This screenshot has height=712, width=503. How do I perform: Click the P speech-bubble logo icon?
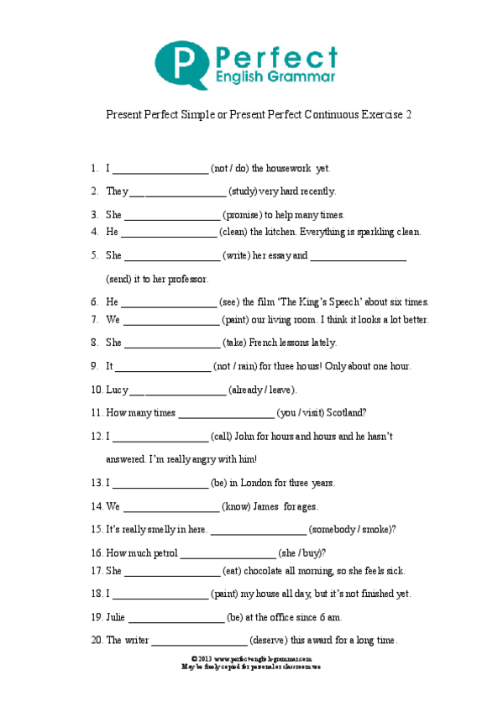pyautogui.click(x=181, y=64)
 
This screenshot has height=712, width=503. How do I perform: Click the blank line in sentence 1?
pyautogui.click(x=160, y=168)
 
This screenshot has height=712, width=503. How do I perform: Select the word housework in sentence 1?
pyautogui.click(x=288, y=168)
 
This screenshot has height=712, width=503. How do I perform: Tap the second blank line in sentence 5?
pyautogui.click(x=359, y=255)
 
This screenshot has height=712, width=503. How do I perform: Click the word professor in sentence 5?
pyautogui.click(x=186, y=278)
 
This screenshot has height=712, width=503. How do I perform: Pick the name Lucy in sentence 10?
pyautogui.click(x=117, y=390)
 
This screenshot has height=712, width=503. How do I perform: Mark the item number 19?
pyautogui.click(x=96, y=617)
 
